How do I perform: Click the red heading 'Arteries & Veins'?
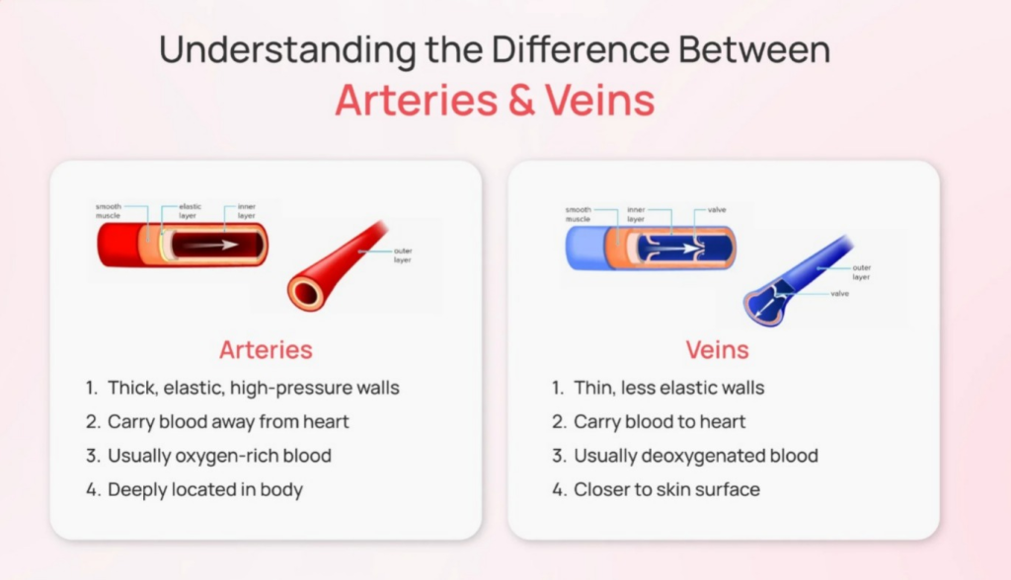coord(495,100)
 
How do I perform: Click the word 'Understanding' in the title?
coord(287,49)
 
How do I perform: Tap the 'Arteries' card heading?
coord(266,350)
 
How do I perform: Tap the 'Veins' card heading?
coord(717,350)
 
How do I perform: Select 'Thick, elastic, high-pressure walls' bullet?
coord(254,388)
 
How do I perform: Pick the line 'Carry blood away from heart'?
coord(228,421)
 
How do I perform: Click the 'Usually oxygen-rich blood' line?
coord(219,456)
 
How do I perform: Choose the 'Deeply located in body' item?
coord(205,490)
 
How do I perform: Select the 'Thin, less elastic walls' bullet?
coord(669,388)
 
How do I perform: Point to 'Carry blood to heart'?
coord(660,421)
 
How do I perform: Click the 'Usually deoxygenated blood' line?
coord(696,456)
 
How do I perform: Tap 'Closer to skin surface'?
coord(666,490)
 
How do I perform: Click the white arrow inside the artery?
coord(214,245)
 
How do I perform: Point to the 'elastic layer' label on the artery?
coord(189,211)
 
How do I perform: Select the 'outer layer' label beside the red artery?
coord(403,255)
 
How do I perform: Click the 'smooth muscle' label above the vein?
coord(578,214)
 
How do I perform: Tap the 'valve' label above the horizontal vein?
coord(717,209)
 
